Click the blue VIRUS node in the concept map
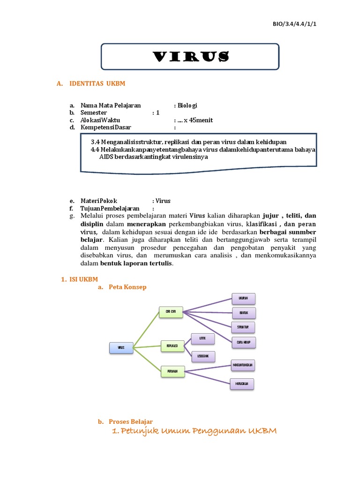click(121, 348)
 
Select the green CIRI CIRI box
click(171, 312)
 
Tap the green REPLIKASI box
click(172, 346)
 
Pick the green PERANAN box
click(172, 371)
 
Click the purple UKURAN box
click(244, 299)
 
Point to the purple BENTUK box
click(244, 313)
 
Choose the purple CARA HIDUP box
click(244, 343)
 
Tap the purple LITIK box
click(203, 338)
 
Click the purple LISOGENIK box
click(203, 356)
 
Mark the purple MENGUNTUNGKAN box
click(244, 365)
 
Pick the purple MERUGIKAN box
click(242, 384)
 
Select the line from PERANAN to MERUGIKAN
click(207, 377)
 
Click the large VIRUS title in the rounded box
click(191, 57)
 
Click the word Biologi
click(187, 105)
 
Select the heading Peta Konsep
click(127, 287)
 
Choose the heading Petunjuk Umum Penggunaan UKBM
click(195, 431)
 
